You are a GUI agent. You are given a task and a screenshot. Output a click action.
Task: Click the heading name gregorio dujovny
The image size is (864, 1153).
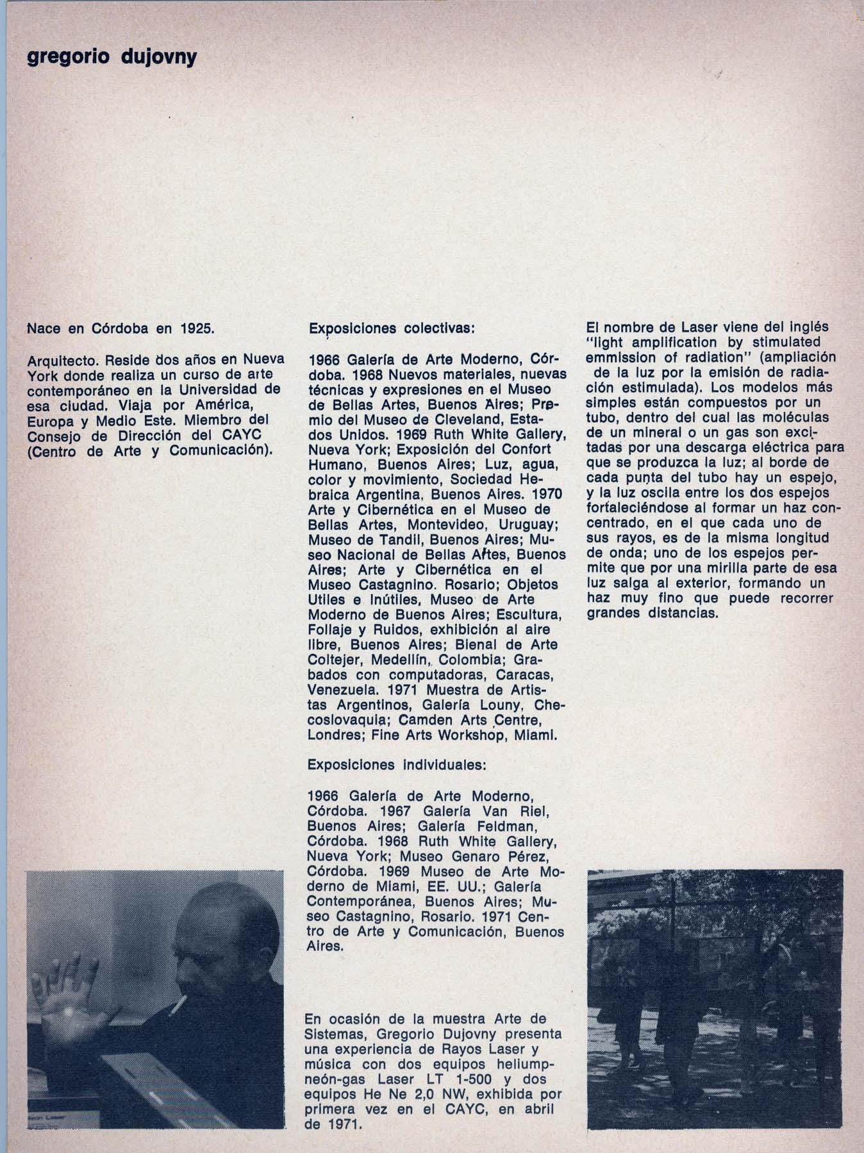coord(112,58)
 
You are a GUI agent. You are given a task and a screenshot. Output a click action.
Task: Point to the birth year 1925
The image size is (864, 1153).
coord(196,329)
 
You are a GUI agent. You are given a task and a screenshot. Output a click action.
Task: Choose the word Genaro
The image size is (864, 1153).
coord(476,856)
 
